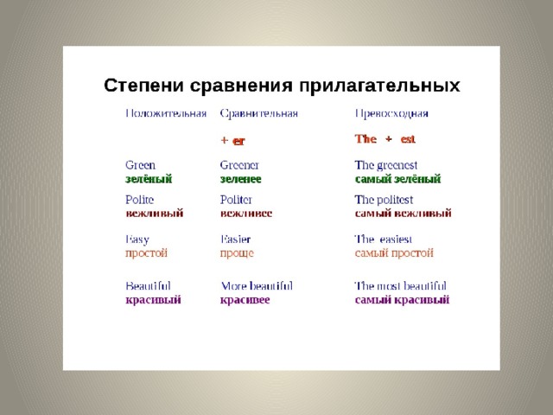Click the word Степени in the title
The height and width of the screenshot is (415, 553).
tap(143, 86)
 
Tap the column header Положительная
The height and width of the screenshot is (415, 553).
tap(166, 113)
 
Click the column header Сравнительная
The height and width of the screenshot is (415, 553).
tap(259, 113)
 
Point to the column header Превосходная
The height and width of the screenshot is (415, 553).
tap(391, 113)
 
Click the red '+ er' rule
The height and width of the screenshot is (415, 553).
tap(232, 140)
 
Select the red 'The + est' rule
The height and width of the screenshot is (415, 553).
tap(385, 138)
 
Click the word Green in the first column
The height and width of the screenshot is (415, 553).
tap(140, 165)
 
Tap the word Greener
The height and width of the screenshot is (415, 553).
tap(239, 165)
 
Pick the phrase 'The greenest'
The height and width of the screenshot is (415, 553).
tap(386, 165)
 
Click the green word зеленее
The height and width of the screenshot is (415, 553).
tap(241, 179)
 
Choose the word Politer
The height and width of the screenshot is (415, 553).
tap(236, 200)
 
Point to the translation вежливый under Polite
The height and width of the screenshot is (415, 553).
tap(155, 214)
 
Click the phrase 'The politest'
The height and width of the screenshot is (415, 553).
tap(384, 200)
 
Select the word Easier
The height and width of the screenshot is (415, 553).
tap(235, 239)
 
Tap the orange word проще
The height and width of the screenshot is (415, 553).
tap(237, 253)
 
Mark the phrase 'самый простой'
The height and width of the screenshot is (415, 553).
tap(394, 253)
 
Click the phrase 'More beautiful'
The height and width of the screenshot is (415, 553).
tap(257, 286)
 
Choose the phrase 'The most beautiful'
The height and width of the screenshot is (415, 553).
tap(400, 286)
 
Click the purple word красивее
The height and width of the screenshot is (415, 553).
tap(245, 300)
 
